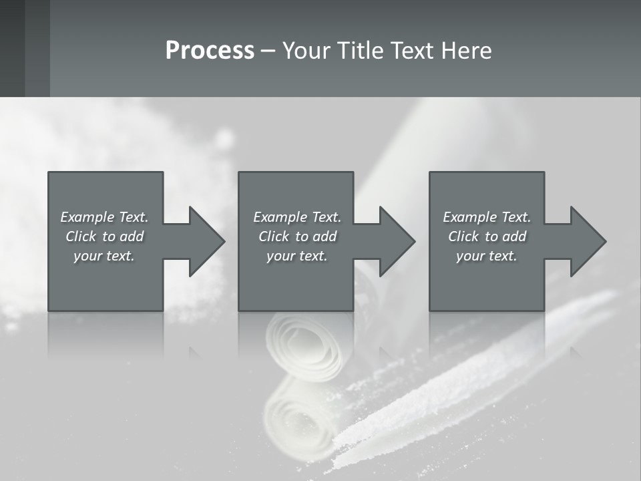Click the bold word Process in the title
point(210,51)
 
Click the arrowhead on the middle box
point(397,241)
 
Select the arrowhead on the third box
point(588,241)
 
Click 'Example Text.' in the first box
point(104,217)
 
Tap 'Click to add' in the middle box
point(297,236)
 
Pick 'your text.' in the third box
point(487,256)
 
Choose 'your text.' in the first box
point(104,256)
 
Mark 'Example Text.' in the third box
point(487,217)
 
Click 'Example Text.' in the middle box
point(297,217)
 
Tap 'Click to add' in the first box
point(104,236)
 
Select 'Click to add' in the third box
point(487,236)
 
